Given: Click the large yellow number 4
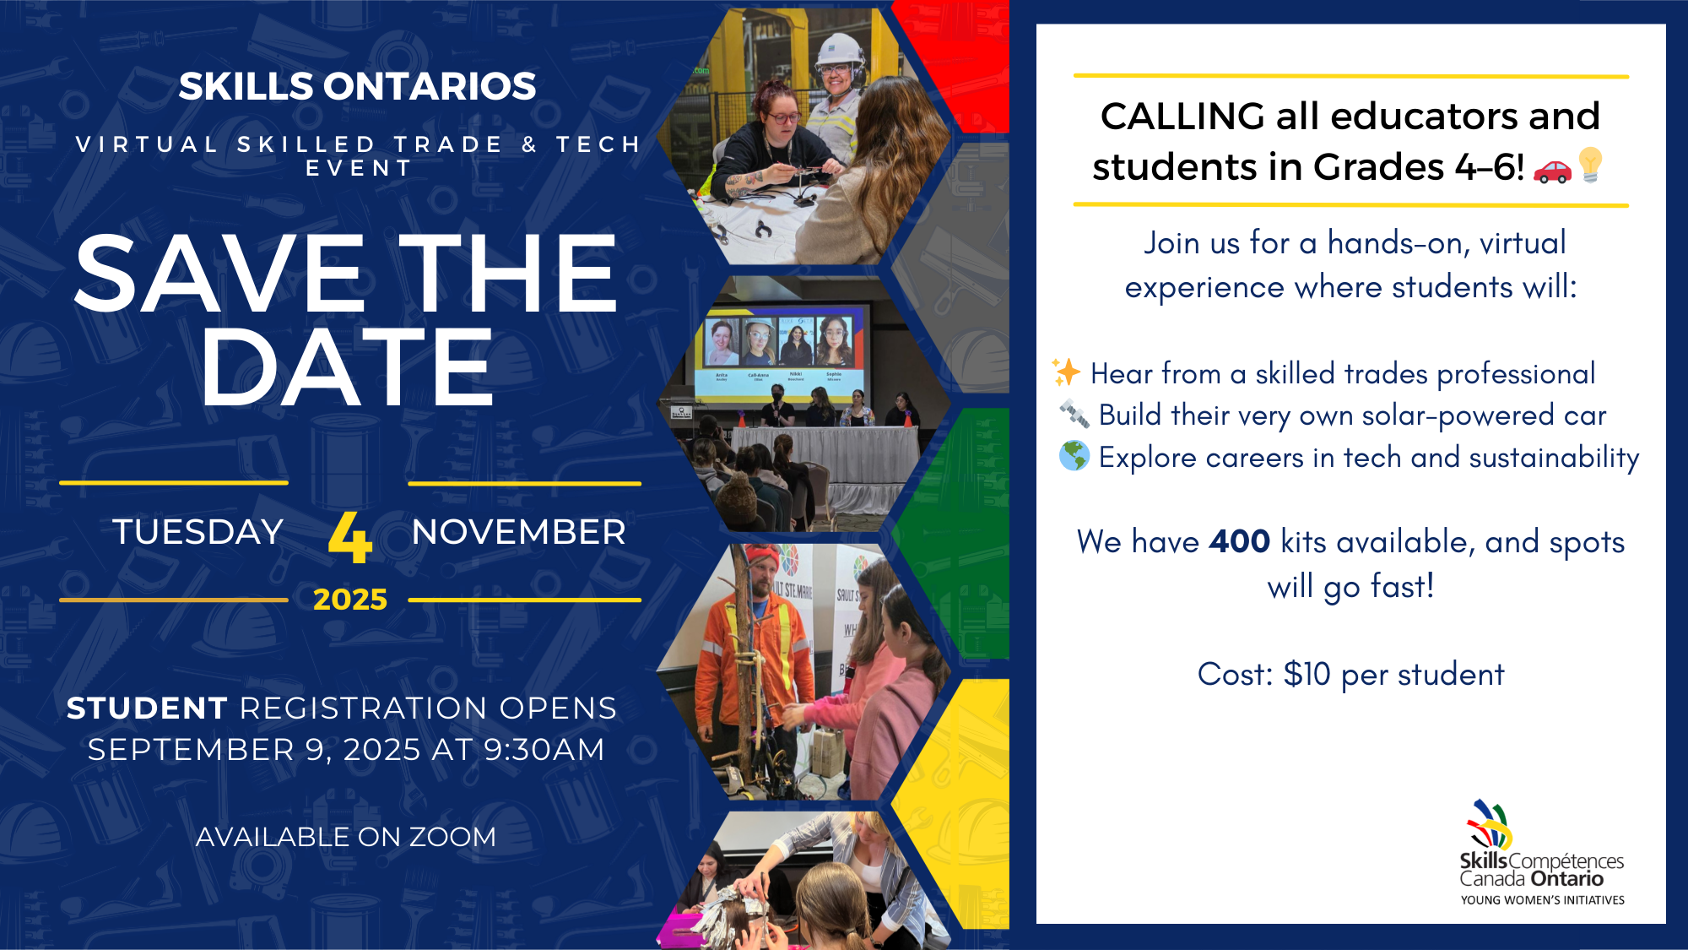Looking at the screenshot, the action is (350, 537).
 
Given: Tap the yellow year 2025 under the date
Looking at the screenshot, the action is (350, 600).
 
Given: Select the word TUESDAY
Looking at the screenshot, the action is (197, 532).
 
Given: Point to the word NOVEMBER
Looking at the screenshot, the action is (519, 532).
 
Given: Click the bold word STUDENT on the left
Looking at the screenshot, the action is (147, 708).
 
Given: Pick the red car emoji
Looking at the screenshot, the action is (1552, 171).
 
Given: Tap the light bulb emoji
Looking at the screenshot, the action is (1591, 165).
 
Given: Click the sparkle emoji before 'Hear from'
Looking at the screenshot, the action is (1066, 372).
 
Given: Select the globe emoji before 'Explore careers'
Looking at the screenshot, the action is (1074, 456).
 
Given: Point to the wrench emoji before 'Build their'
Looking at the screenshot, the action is (1074, 414).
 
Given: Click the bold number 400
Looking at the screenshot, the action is (1239, 541).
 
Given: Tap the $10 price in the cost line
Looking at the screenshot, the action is (1307, 674).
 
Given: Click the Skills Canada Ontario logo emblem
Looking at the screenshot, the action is (1489, 824).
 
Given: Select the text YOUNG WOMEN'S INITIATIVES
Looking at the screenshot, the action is (1543, 900).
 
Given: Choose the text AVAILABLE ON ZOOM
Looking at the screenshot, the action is (346, 837).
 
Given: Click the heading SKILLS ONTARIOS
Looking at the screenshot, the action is (358, 86).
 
